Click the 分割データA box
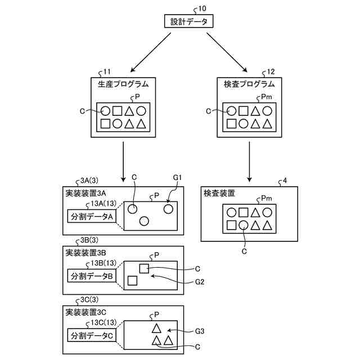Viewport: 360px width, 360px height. pyautogui.click(x=91, y=216)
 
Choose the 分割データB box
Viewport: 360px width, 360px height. pyautogui.click(x=91, y=276)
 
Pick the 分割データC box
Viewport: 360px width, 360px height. pyautogui.click(x=91, y=335)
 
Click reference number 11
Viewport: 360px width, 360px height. pyautogui.click(x=105, y=73)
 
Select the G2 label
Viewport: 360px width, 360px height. pyautogui.click(x=200, y=281)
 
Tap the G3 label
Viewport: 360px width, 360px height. pyautogui.click(x=200, y=332)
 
